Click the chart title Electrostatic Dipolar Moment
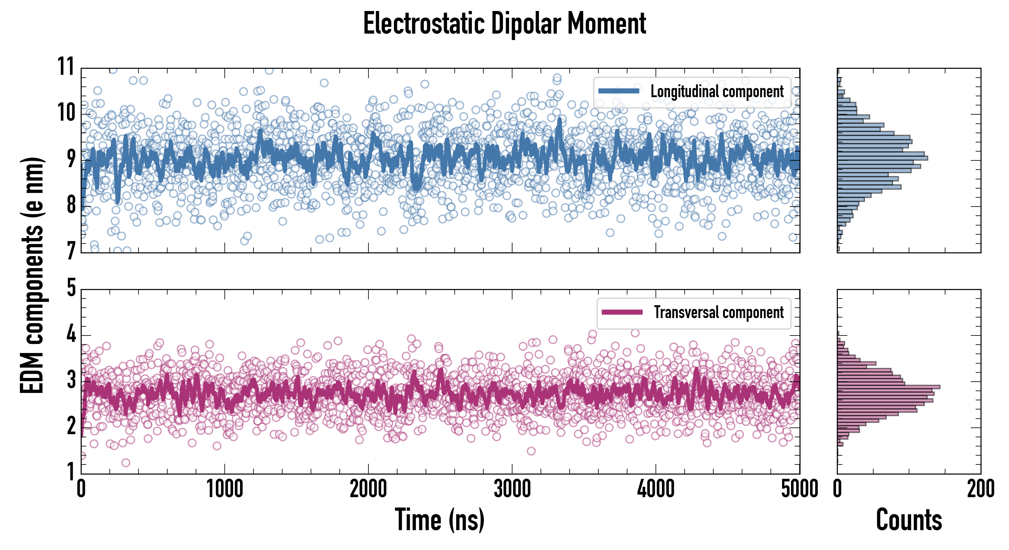(x=505, y=24)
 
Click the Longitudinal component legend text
(x=717, y=92)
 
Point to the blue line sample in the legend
(x=619, y=91)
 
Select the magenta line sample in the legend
(x=622, y=312)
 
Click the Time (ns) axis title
(x=439, y=520)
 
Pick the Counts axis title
(x=909, y=520)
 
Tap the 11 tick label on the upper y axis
(x=66, y=67)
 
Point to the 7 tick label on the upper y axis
(x=71, y=251)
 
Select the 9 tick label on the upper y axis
(x=71, y=159)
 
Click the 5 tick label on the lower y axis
(x=71, y=288)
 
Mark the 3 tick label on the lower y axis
(x=71, y=380)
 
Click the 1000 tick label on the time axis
(x=224, y=489)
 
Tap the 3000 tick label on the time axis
(x=512, y=489)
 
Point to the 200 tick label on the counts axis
(x=980, y=489)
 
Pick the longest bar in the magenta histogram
(x=888, y=387)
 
